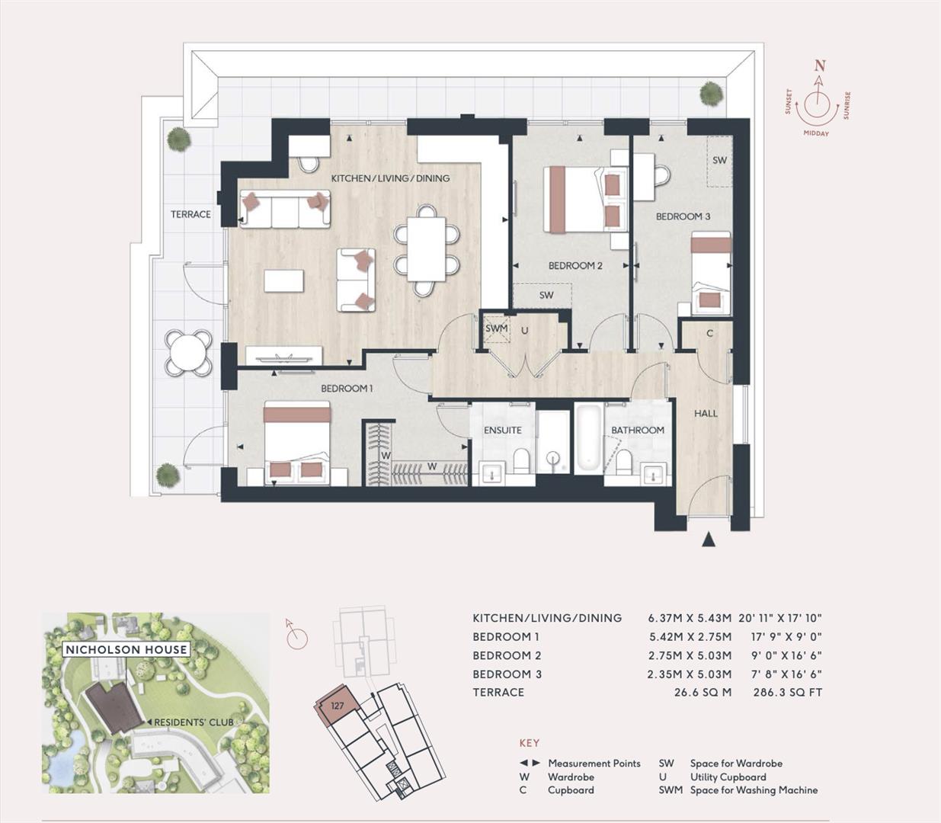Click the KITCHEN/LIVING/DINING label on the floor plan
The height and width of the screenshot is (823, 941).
click(390, 178)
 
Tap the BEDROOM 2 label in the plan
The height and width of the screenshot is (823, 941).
click(575, 266)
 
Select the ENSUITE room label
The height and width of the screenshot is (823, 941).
click(503, 430)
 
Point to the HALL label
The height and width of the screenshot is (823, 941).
click(706, 414)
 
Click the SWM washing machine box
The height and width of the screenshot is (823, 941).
click(496, 329)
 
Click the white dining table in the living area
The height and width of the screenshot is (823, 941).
click(426, 249)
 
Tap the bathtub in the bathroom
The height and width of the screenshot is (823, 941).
click(588, 440)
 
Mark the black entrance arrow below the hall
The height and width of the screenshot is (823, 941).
click(709, 540)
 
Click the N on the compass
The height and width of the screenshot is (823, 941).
click(820, 66)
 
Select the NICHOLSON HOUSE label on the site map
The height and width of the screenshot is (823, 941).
click(126, 649)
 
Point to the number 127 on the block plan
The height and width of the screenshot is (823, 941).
click(337, 706)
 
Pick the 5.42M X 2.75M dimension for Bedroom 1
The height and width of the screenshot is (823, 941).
click(690, 637)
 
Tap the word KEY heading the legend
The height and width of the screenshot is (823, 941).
click(529, 743)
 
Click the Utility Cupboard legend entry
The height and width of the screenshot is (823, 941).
click(728, 777)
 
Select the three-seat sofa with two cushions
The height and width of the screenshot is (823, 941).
click(285, 209)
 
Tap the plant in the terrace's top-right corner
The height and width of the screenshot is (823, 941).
click(711, 93)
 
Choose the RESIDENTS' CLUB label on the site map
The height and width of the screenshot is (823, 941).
click(194, 722)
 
